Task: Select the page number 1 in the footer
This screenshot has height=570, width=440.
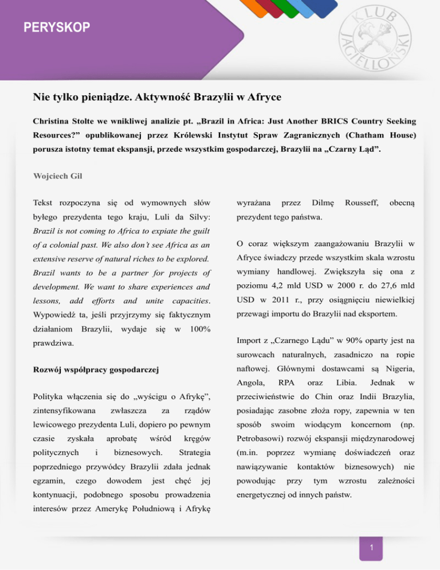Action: [x=372, y=549]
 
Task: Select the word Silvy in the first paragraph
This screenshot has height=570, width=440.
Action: [x=198, y=217]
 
